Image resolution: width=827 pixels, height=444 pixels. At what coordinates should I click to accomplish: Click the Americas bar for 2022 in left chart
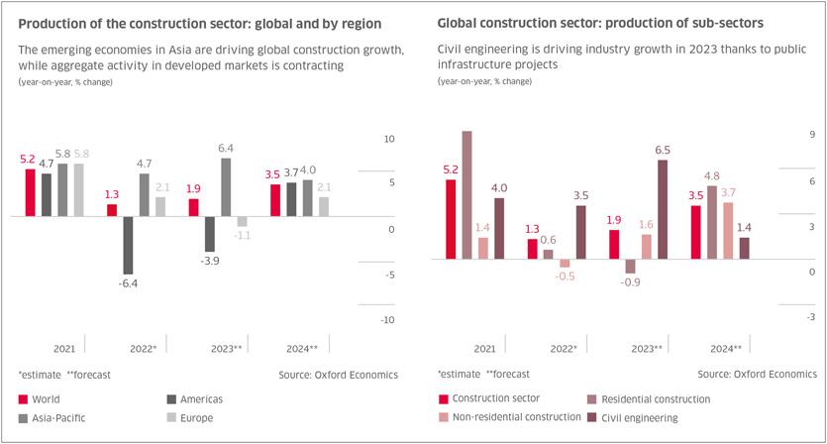tap(128, 245)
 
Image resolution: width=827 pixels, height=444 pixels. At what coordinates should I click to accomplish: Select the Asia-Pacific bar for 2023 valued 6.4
tap(226, 186)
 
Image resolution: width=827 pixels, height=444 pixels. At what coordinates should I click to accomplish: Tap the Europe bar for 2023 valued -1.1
tap(242, 221)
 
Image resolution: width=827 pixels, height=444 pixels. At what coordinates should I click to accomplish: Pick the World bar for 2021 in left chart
tap(30, 192)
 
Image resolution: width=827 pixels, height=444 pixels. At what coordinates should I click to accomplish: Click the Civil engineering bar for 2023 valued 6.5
tap(663, 209)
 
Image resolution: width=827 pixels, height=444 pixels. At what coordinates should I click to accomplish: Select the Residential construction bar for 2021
tap(467, 195)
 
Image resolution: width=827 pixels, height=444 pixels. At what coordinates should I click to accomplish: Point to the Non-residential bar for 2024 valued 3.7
tap(728, 231)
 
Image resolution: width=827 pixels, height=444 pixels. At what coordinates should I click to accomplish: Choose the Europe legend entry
tap(196, 418)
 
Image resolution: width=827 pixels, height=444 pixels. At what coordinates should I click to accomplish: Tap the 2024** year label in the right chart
tap(726, 349)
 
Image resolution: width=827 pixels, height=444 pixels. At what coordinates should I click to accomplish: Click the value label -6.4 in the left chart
tap(128, 283)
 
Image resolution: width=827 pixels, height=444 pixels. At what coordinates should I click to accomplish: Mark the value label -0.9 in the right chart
tap(630, 282)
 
